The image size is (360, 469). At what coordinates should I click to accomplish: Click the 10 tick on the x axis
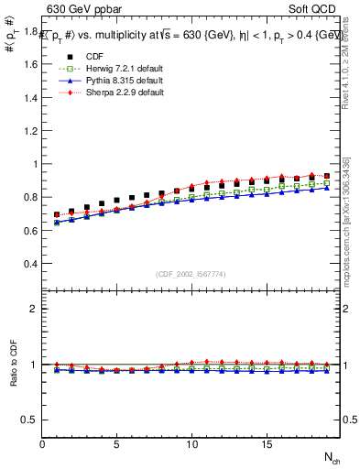[191, 445]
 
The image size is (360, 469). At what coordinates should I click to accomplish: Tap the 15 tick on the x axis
[267, 445]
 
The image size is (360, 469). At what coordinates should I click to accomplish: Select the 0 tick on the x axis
[42, 445]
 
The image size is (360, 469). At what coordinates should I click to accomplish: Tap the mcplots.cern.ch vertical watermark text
[351, 220]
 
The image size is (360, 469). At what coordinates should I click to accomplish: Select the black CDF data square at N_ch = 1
[57, 215]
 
